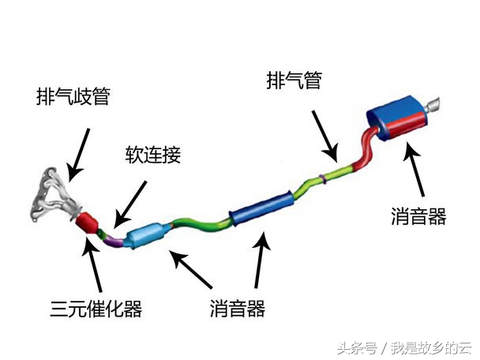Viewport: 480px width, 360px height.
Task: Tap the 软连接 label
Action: [152, 154]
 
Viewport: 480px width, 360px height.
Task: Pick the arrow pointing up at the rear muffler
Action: [415, 172]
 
